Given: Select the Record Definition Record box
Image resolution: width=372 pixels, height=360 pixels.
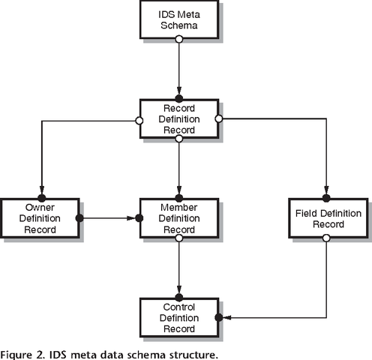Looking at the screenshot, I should click(x=178, y=118).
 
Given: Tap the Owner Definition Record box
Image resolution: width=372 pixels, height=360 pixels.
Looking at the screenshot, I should click(x=40, y=218).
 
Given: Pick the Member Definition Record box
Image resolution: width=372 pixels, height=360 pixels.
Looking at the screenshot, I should click(x=178, y=218).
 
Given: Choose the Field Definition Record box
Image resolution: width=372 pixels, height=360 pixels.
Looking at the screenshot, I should click(x=326, y=218).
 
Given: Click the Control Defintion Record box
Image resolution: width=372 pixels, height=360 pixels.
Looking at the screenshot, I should click(x=178, y=317).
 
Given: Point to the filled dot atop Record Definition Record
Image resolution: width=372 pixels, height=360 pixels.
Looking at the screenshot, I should click(x=178, y=99).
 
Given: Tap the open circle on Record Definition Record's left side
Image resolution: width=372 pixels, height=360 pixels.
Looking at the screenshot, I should click(x=139, y=118).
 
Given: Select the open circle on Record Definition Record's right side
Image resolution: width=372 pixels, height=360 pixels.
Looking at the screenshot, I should click(x=218, y=118).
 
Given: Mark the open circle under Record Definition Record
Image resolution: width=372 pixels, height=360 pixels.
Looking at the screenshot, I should click(x=178, y=138).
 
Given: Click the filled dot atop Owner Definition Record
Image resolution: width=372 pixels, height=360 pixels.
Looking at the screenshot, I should click(x=40, y=199).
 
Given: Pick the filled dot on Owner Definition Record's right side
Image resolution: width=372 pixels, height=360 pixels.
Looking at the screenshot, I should click(x=79, y=218).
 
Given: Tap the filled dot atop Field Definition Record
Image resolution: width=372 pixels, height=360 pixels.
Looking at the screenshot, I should click(x=326, y=199).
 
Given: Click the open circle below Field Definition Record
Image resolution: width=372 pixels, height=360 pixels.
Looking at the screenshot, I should click(x=326, y=238).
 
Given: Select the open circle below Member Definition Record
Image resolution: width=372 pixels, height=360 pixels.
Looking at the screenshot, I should click(x=178, y=238).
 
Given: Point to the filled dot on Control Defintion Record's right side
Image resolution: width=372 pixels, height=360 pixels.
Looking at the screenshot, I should click(x=218, y=317).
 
